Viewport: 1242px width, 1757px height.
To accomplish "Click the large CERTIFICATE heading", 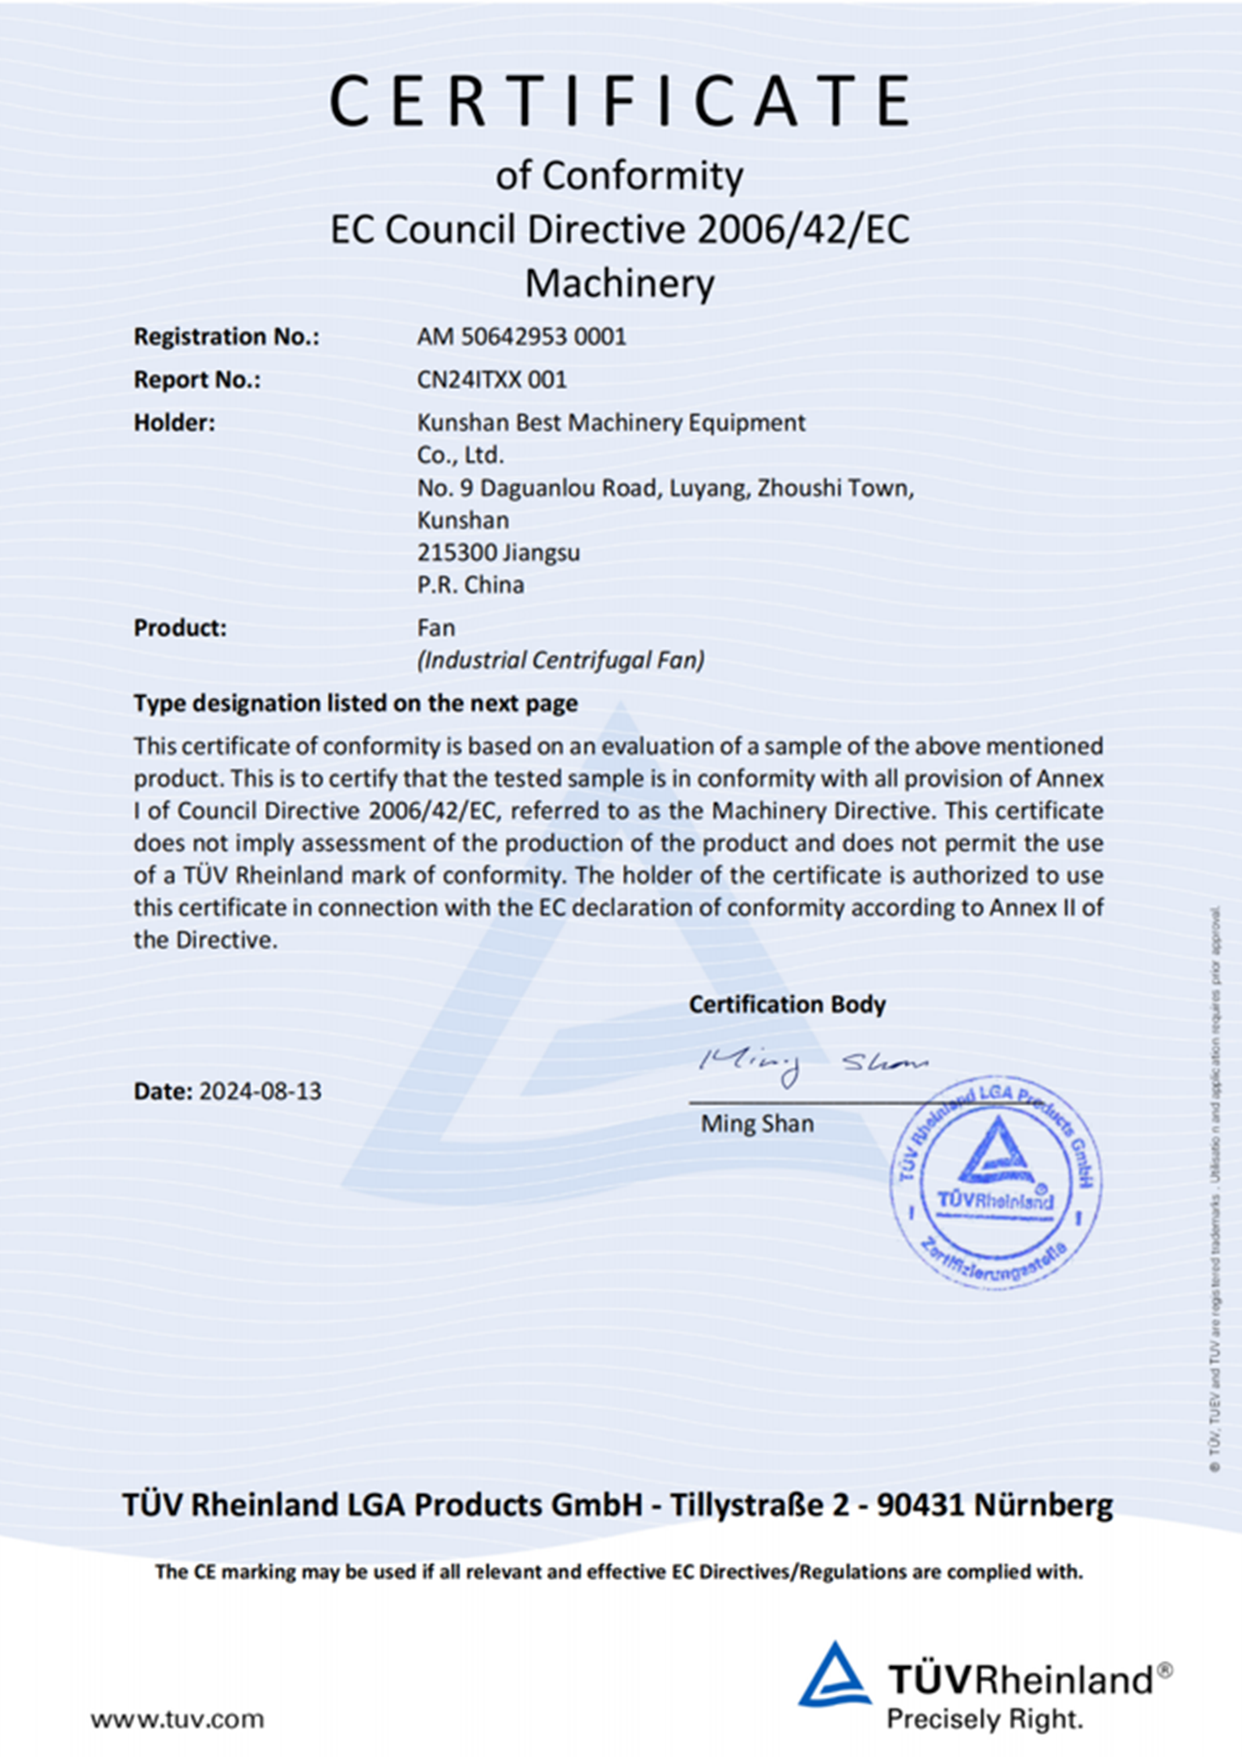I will click(620, 102).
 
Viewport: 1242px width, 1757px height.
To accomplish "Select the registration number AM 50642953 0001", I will click(522, 337).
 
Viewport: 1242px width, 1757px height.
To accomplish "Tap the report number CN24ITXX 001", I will click(492, 380).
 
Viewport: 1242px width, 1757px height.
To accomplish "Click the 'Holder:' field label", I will click(174, 423).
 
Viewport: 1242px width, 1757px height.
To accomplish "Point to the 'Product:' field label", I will click(179, 628).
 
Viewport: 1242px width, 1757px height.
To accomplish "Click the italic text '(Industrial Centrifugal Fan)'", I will click(561, 660).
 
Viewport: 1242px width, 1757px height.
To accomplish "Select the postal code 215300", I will click(455, 553).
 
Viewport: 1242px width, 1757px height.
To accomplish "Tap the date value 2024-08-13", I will click(260, 1091).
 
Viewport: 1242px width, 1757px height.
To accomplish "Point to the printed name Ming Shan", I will click(757, 1124).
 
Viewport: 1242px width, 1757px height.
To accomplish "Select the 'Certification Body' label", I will click(787, 1005).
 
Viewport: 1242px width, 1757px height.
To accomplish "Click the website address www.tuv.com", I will click(177, 1719).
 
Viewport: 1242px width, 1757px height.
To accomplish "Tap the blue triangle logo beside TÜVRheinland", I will click(834, 1675).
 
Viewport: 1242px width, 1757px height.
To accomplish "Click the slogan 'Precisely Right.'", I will click(984, 1719).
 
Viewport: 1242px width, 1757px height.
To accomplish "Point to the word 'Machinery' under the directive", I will click(619, 283).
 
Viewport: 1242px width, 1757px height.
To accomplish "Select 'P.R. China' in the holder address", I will click(471, 585).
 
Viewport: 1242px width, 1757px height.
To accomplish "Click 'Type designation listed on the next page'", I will click(356, 703).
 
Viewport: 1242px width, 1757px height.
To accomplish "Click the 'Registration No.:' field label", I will click(226, 337).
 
